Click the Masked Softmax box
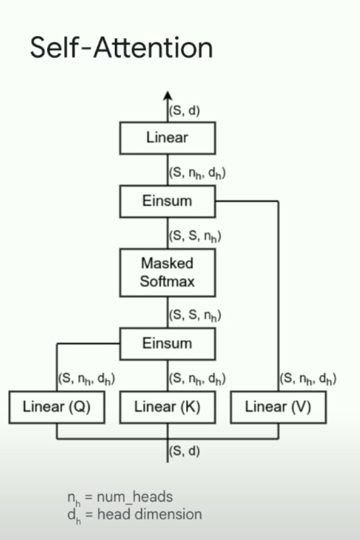167,272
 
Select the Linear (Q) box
57,407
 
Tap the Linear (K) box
167,407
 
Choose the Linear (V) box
278,407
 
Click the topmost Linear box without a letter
167,138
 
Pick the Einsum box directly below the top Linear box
167,200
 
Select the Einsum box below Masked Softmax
167,343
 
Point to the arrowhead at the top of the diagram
167,96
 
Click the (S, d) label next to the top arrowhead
184,110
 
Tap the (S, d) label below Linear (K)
184,452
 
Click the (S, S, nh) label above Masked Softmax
195,236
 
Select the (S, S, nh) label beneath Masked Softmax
195,315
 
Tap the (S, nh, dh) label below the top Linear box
197,174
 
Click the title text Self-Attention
121,47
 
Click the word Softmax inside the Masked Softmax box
167,281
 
